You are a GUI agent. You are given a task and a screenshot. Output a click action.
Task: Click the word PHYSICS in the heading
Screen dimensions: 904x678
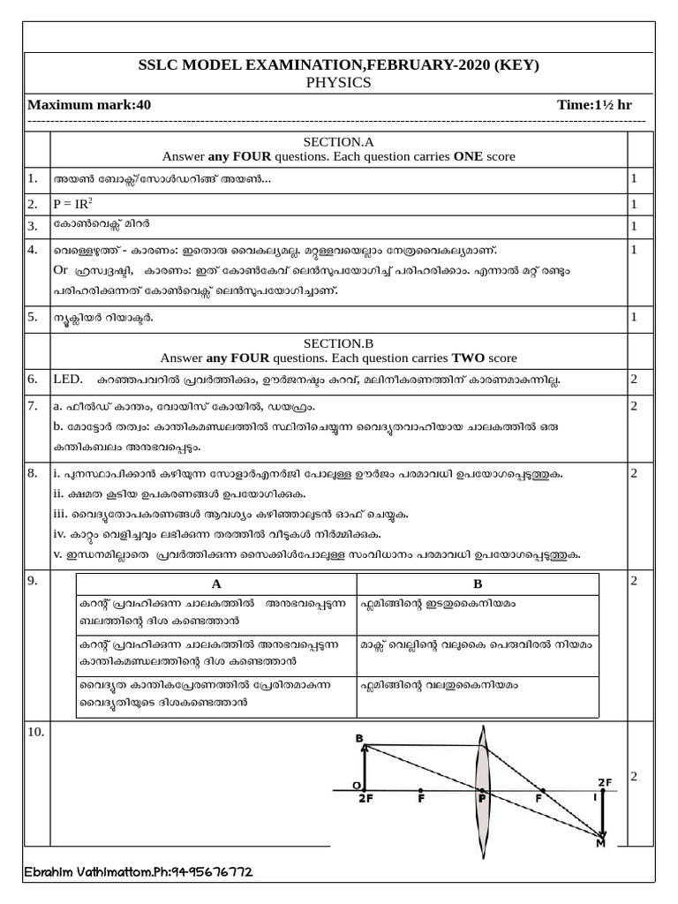(339, 82)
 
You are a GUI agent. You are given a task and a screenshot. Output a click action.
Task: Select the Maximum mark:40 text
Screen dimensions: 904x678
(89, 105)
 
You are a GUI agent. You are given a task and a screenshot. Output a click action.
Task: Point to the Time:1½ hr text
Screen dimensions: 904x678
(594, 105)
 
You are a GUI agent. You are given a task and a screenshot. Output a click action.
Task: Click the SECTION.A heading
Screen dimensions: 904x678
(338, 141)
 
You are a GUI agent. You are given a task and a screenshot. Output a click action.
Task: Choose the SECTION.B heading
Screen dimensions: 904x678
(338, 343)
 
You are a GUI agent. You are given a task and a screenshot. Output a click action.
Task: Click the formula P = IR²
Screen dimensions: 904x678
(73, 204)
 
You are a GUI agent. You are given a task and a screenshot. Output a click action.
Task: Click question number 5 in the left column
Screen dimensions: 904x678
(33, 315)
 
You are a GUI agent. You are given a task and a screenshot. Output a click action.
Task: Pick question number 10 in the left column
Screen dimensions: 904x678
(37, 732)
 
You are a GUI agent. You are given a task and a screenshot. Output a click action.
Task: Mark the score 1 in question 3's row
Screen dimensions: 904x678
(633, 226)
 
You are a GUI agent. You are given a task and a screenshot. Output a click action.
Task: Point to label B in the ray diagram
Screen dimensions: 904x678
(358, 737)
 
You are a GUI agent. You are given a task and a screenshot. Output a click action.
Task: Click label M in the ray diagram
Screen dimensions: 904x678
(601, 844)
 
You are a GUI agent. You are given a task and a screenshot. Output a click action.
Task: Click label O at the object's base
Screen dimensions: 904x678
(355, 786)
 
